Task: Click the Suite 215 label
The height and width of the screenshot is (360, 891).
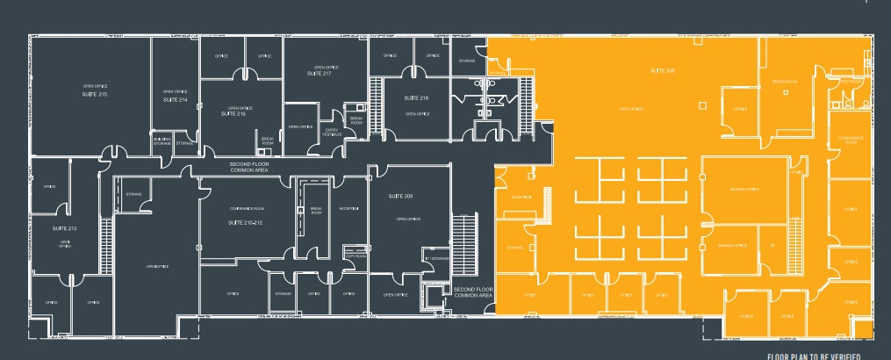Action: (94, 93)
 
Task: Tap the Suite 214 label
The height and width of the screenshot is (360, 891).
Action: (176, 100)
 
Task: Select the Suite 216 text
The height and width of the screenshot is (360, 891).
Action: (234, 114)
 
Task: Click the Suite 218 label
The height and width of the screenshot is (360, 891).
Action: (416, 97)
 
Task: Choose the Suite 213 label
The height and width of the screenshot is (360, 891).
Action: (65, 229)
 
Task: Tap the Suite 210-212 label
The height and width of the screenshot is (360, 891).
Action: (246, 223)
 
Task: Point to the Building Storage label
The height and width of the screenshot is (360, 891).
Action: (162, 140)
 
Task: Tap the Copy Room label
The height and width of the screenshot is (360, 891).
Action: (356, 256)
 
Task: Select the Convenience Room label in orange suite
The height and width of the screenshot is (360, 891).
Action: (851, 140)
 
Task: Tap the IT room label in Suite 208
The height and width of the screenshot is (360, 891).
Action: (772, 245)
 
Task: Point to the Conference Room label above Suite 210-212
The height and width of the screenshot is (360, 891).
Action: (246, 208)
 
